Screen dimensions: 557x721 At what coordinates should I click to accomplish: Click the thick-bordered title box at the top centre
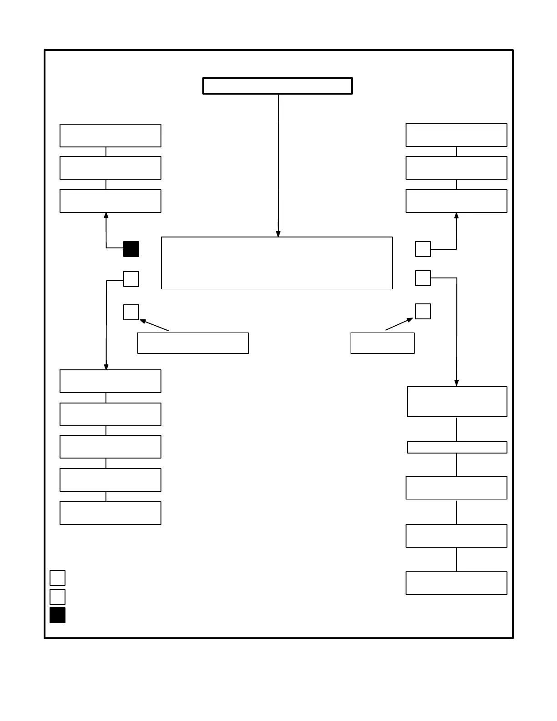(x=277, y=86)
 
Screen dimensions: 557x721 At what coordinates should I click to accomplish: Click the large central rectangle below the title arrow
(x=276, y=263)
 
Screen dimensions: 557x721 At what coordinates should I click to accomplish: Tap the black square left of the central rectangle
(x=131, y=249)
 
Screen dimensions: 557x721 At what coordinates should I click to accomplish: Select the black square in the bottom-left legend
(x=57, y=615)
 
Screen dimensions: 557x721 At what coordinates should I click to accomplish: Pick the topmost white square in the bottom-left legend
(x=57, y=578)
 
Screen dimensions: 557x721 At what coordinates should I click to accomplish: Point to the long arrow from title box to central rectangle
(x=278, y=164)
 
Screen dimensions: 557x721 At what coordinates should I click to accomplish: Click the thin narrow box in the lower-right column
(x=457, y=447)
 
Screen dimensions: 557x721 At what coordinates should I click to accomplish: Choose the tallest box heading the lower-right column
(x=457, y=401)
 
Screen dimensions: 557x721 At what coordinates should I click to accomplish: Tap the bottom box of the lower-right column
(x=456, y=583)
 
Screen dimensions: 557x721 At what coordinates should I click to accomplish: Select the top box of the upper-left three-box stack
(x=110, y=136)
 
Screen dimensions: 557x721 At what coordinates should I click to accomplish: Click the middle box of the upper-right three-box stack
(x=456, y=168)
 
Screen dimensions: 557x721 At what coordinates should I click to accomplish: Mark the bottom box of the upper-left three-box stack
(x=110, y=201)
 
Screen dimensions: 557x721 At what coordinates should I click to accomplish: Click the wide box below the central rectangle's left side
(x=193, y=343)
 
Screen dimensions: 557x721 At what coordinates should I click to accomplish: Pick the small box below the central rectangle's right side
(x=382, y=343)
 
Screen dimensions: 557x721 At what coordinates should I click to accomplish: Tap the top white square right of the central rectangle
(x=423, y=249)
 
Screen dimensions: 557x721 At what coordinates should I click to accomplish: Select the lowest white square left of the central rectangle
(x=131, y=312)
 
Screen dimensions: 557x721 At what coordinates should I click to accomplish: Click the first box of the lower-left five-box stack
(x=110, y=381)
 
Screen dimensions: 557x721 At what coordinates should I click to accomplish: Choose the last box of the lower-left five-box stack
(x=110, y=513)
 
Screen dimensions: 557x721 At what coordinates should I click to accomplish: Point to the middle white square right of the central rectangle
(x=423, y=278)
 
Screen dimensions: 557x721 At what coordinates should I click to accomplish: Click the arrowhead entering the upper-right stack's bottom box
(x=457, y=216)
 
